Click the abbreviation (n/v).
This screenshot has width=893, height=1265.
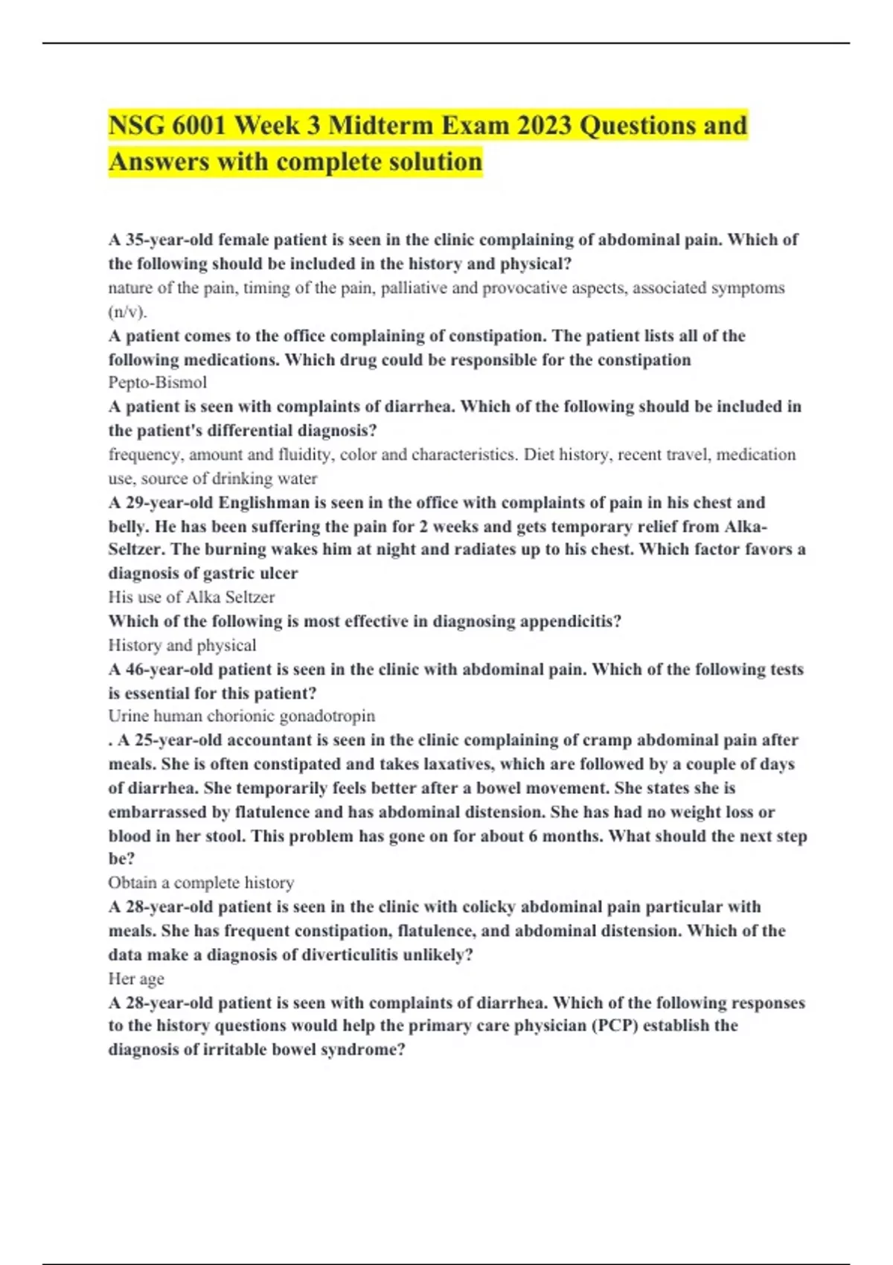pos(127,312)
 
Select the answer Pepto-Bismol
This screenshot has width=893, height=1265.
pos(158,382)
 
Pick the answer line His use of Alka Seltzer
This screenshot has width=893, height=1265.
pos(191,598)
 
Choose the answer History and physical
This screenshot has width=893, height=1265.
pos(182,645)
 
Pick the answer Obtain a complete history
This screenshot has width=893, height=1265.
pos(201,883)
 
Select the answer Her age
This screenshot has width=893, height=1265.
pos(136,979)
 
